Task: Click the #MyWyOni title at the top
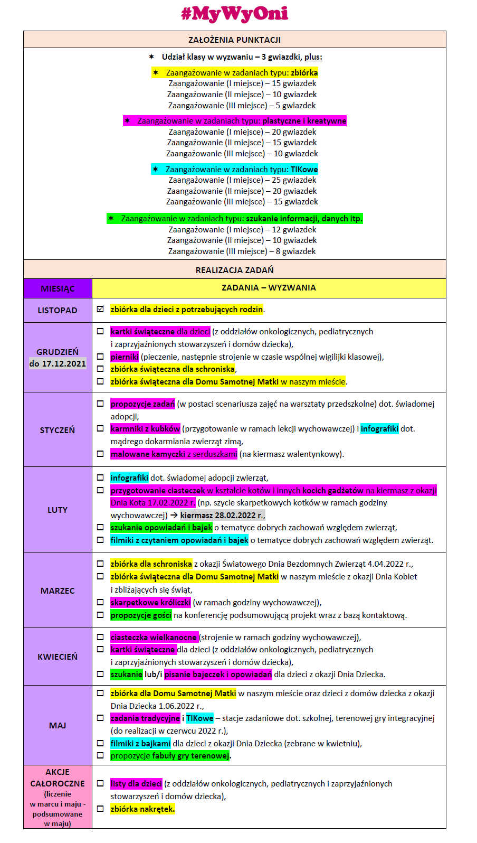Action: [235, 14]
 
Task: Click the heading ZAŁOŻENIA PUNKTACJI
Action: [234, 40]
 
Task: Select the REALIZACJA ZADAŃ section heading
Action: [234, 270]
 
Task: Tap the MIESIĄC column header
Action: [58, 288]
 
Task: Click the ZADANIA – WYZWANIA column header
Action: [269, 288]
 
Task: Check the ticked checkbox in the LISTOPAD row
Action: [100, 310]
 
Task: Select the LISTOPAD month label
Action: [58, 311]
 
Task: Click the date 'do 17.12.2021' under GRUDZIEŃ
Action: [58, 363]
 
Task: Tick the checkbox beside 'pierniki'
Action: [100, 357]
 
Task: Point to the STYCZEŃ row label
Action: [58, 430]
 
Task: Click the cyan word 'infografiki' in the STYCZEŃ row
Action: [379, 429]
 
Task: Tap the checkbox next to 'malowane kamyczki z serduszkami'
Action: [100, 454]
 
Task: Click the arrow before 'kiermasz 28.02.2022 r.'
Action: [174, 515]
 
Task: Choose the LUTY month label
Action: [58, 510]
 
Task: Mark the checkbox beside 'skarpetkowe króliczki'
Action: [100, 602]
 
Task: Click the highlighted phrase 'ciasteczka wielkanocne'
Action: [154, 638]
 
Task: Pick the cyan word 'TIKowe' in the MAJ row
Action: [199, 718]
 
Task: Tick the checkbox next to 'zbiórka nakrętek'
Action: [100, 809]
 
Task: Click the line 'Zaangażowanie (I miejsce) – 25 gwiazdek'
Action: [242, 180]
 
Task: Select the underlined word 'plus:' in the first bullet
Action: [313, 57]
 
